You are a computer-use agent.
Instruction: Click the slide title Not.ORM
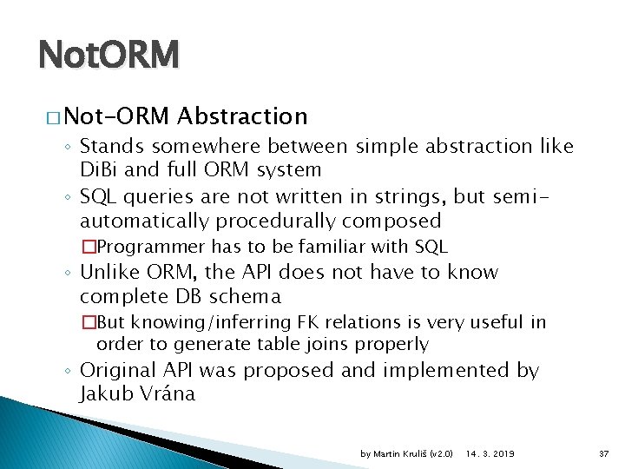tap(109, 56)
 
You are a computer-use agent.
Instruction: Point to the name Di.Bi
tap(103, 169)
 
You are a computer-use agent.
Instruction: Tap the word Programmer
tap(152, 246)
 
